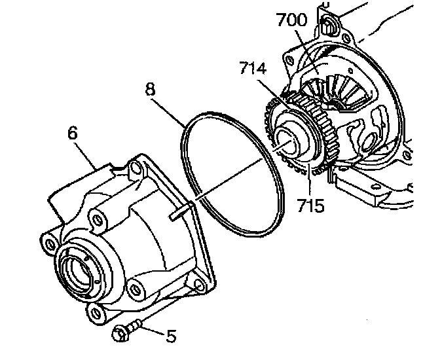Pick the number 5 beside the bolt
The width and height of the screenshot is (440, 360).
(x=171, y=336)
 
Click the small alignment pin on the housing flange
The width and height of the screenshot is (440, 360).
(x=179, y=211)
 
